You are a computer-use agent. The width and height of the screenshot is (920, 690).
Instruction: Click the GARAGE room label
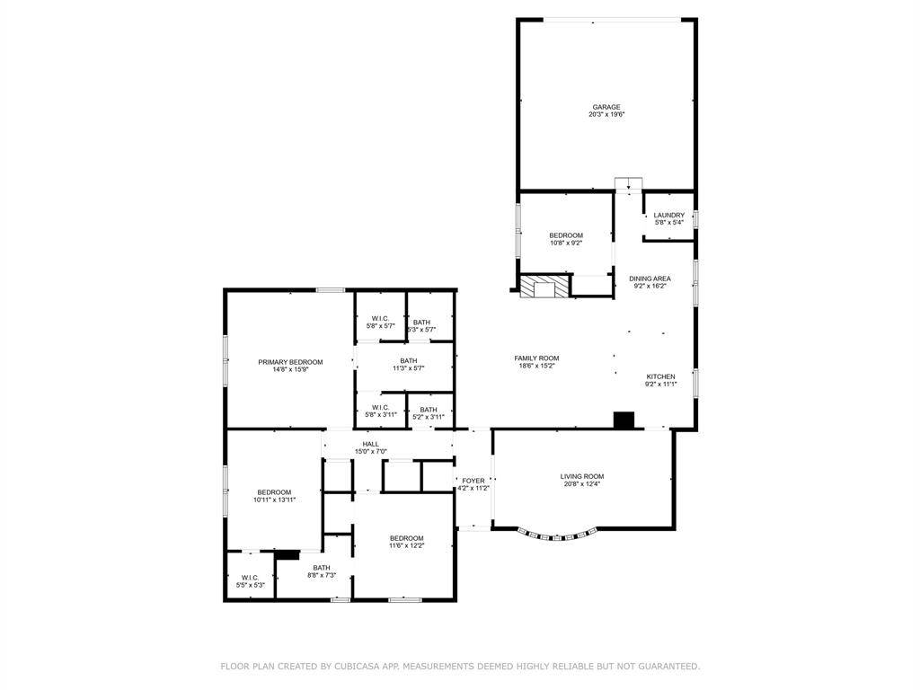(606, 107)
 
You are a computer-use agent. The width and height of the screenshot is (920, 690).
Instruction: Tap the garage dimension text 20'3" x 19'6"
(606, 115)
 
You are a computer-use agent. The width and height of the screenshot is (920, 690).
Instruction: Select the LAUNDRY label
(668, 215)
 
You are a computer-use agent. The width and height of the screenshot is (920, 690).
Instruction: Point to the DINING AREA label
(650, 279)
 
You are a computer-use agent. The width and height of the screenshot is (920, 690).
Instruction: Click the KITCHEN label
(660, 376)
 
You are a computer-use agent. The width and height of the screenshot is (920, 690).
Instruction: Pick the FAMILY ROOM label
(536, 358)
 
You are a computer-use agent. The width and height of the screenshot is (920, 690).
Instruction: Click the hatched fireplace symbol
(544, 287)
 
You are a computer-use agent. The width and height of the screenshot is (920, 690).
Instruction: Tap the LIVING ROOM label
(582, 476)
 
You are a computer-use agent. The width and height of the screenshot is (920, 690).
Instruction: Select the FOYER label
(473, 481)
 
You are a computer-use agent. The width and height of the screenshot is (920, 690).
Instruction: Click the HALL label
(370, 444)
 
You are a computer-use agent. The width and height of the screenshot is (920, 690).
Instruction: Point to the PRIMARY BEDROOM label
(290, 362)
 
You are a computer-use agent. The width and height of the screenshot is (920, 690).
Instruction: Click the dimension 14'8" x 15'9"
(290, 369)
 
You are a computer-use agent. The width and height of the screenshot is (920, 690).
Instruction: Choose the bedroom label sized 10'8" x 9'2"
(566, 235)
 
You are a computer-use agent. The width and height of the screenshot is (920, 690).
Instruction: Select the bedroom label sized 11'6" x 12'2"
(406, 538)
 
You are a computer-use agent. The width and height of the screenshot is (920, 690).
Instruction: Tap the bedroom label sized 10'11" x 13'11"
(274, 491)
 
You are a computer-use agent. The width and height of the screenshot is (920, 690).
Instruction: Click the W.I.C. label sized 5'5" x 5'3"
(250, 578)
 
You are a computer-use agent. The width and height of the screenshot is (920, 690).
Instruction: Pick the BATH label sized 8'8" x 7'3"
(321, 568)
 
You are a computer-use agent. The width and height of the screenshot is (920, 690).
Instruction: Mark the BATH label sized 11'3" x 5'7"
(409, 360)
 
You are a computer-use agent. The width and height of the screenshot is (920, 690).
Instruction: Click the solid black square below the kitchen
(624, 420)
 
